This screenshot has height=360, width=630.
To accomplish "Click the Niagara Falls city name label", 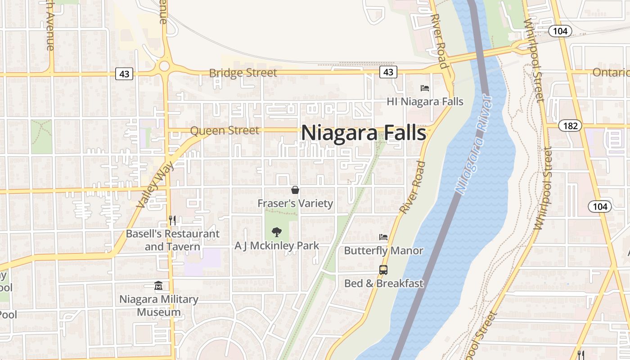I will (363, 133).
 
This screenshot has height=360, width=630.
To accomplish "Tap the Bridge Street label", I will (243, 73).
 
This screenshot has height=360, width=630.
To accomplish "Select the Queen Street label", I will (225, 130).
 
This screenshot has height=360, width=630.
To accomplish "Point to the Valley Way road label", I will (152, 185).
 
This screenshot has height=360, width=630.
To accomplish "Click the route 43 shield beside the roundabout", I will (124, 73).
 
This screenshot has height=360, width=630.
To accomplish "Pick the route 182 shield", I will (570, 126).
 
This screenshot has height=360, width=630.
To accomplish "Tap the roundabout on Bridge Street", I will (164, 67).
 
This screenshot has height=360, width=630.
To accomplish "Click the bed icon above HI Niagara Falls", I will (425, 88).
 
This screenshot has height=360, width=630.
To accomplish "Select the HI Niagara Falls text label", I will (425, 102).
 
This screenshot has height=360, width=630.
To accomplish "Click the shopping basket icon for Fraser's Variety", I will (295, 190).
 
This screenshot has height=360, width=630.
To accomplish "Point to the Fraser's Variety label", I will (295, 203).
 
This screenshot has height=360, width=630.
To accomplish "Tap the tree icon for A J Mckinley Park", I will (277, 232).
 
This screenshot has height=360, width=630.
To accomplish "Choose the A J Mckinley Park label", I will (277, 246).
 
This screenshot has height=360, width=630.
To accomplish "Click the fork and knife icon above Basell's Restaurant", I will (172, 220).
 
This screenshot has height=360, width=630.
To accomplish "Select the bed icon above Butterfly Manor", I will (383, 237).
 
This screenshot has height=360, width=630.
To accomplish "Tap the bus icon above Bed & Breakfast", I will (383, 270).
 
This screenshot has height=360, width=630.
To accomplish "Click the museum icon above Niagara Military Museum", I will (158, 286).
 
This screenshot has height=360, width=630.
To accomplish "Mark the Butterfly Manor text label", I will (383, 251).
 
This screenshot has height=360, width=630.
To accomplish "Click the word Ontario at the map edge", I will (611, 72).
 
